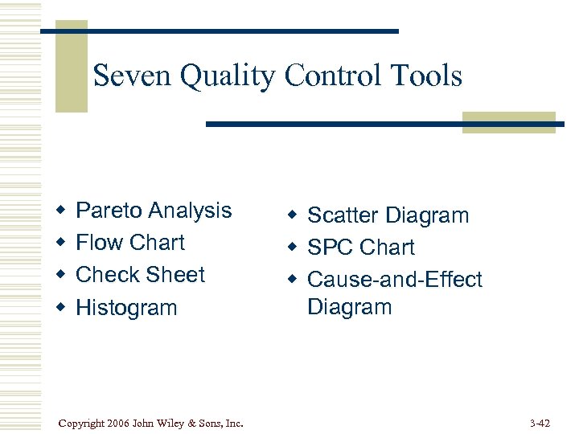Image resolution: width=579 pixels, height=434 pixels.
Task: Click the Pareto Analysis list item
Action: [154, 211]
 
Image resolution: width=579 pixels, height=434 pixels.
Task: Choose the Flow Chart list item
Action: [130, 243]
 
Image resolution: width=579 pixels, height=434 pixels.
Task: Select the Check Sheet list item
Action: [141, 275]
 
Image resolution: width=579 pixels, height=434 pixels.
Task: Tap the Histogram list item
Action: [126, 308]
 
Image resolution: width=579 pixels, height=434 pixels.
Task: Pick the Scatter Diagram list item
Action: [388, 215]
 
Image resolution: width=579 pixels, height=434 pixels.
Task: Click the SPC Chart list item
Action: [361, 248]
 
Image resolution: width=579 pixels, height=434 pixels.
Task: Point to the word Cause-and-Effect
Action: [395, 280]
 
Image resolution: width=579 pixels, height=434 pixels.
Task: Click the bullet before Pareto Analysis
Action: [60, 211]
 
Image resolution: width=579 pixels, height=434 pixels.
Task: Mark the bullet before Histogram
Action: [60, 309]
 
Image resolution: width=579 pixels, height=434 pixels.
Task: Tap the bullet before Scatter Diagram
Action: [293, 216]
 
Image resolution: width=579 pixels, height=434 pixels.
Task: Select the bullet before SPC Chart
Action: [293, 248]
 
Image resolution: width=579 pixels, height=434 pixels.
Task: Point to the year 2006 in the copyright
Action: [117, 422]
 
